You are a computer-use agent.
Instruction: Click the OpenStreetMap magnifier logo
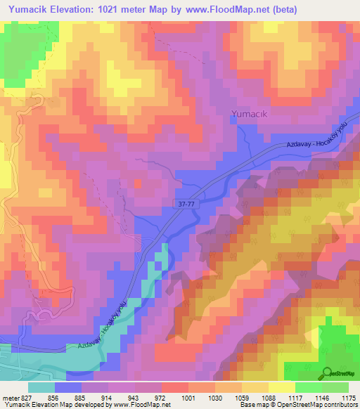tap(327, 373)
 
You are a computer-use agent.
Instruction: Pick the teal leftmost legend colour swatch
tap(41, 387)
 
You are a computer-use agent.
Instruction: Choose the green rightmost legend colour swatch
tap(335, 387)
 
